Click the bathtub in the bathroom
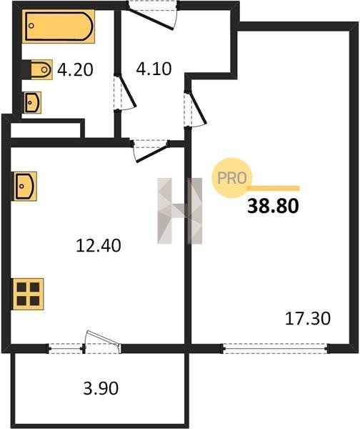tap(59, 26)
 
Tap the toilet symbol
tap(41, 69)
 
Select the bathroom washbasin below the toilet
tap(33, 102)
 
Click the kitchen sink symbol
tap(25, 187)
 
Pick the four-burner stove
tap(28, 294)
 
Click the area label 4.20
tap(75, 69)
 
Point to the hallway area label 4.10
tap(154, 69)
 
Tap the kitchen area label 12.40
tap(99, 245)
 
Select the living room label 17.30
tap(308, 318)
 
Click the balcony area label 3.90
tap(101, 388)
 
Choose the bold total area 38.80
tap(273, 207)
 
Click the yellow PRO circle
tap(232, 178)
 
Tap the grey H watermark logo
tap(179, 211)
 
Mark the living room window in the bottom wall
tap(276, 349)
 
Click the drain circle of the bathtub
tap(31, 26)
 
